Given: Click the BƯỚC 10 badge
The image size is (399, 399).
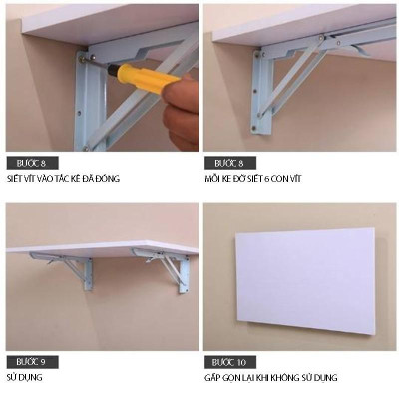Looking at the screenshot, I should pyautogui.click(x=228, y=360).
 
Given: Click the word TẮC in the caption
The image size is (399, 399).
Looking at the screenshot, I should pyautogui.click(x=69, y=180).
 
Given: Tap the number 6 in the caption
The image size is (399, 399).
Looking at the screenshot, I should pyautogui.click(x=280, y=180).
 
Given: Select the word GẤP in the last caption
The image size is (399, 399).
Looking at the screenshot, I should pyautogui.click(x=213, y=378).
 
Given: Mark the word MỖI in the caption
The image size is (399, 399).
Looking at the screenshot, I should pyautogui.click(x=213, y=180).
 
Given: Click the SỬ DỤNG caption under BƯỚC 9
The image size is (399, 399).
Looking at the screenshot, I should pyautogui.click(x=24, y=378).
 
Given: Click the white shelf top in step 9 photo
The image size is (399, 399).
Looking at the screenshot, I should pyautogui.click(x=100, y=245).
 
